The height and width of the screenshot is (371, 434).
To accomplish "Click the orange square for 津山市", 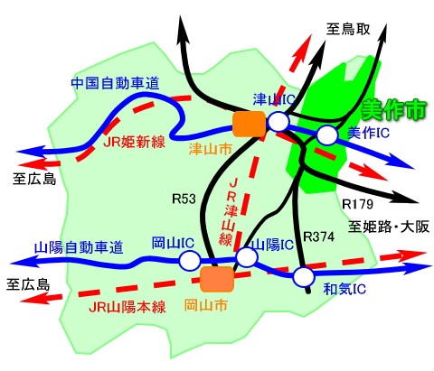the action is click(x=250, y=124).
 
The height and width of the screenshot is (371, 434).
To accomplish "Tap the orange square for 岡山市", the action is click(x=217, y=279).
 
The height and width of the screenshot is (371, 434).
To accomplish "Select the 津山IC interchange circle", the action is click(x=278, y=121).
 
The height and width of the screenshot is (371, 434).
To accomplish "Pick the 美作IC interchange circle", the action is click(x=327, y=135).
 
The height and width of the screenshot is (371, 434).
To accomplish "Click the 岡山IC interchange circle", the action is click(x=190, y=260).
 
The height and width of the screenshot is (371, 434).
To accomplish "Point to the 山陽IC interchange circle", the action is click(x=247, y=257).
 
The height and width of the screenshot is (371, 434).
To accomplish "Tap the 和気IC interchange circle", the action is click(x=304, y=277).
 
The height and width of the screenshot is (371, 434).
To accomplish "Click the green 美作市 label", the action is click(x=394, y=109).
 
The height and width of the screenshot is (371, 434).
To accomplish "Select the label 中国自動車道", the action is click(x=115, y=83).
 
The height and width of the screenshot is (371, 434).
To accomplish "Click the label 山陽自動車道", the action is click(x=79, y=247).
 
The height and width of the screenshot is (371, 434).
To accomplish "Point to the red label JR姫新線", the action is click(x=135, y=141).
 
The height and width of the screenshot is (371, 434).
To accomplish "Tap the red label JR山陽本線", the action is click(x=127, y=307).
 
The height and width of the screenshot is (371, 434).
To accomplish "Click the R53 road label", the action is click(x=184, y=199).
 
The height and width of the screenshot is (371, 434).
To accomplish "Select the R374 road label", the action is click(x=318, y=237).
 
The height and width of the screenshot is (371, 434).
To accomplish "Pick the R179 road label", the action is click(x=358, y=204).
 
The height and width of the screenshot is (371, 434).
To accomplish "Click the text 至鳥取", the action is click(x=348, y=30).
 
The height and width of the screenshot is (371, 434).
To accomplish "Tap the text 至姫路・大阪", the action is click(x=389, y=227).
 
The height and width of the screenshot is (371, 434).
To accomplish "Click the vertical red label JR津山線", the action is click(x=231, y=212).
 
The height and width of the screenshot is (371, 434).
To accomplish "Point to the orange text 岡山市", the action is click(x=205, y=306).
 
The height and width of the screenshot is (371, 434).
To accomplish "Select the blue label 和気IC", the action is click(x=344, y=289).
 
